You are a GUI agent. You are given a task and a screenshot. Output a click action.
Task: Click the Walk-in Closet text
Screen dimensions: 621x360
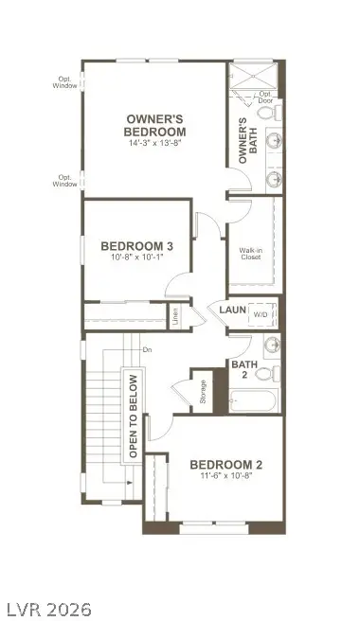click(250, 253)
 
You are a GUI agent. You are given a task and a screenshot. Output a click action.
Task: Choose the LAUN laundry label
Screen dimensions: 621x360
click(233, 310)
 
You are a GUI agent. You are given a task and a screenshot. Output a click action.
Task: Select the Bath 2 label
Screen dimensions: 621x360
click(241, 368)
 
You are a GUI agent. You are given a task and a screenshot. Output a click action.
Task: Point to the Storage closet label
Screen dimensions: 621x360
click(203, 392)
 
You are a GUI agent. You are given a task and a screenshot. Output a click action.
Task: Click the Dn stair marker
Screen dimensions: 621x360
click(147, 350)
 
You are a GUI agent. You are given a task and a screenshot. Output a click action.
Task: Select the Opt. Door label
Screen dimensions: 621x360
click(266, 97)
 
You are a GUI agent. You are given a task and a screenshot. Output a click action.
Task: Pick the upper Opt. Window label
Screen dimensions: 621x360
click(65, 82)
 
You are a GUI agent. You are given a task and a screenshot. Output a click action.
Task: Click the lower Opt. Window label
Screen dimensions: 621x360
click(65, 180)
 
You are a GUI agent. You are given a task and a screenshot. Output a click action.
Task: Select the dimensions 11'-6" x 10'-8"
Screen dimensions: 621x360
click(225, 477)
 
